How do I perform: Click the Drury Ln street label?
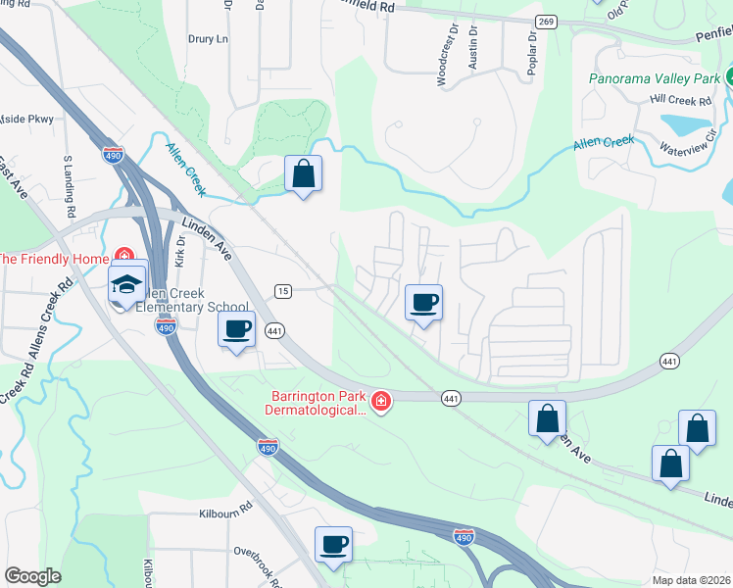tap(207, 39)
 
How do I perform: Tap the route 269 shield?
tap(547, 22)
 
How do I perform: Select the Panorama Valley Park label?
tap(654, 78)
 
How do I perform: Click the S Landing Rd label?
tap(70, 185)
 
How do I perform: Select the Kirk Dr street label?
tap(180, 253)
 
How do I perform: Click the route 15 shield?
tap(283, 290)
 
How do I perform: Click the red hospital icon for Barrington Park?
tap(380, 401)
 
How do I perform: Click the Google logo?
tap(32, 576)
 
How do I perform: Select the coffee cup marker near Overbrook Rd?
tap(332, 544)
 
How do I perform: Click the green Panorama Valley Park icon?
tap(730, 78)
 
